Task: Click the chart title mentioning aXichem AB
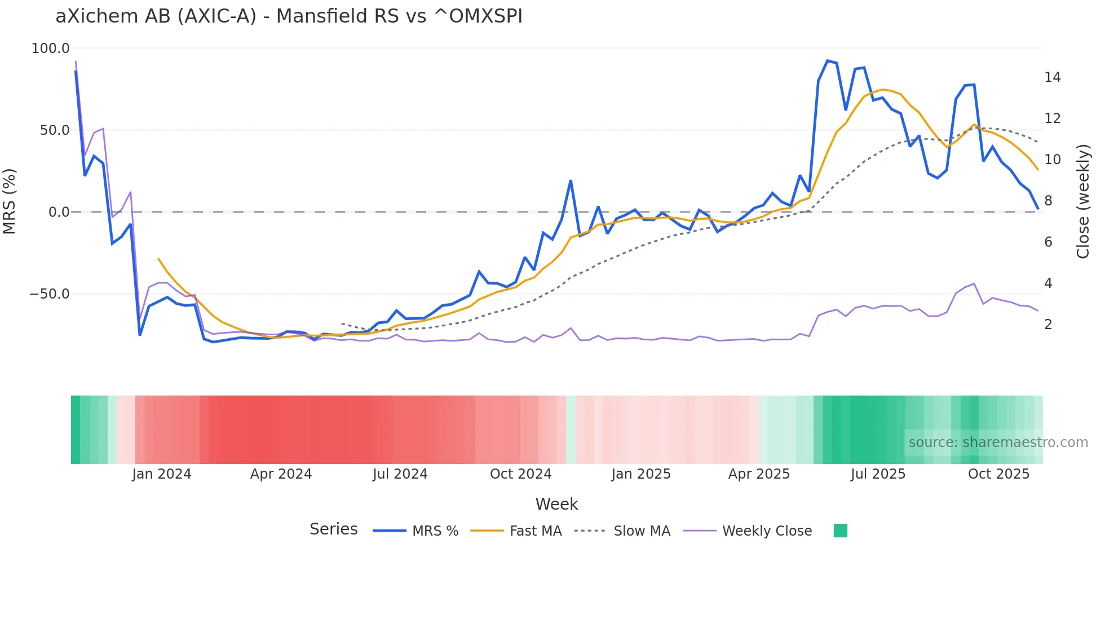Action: coord(289,16)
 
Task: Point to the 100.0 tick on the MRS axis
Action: coord(50,49)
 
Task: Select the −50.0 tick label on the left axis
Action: coord(50,294)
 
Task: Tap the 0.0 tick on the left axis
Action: coord(59,212)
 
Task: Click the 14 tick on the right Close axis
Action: coord(1052,77)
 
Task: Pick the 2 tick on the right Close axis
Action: coord(1048,325)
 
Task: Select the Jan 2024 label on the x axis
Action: coord(162,474)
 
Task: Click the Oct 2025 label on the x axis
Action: coord(998,474)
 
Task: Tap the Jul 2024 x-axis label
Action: coord(400,474)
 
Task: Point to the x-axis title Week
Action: coord(556,504)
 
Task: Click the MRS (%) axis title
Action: coord(10,201)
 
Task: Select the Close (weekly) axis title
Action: coord(1083,202)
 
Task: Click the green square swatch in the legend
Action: coord(840,531)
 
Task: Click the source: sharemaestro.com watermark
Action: coord(998,443)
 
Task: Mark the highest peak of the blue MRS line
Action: coord(828,60)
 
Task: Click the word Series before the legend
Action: coord(333,529)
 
